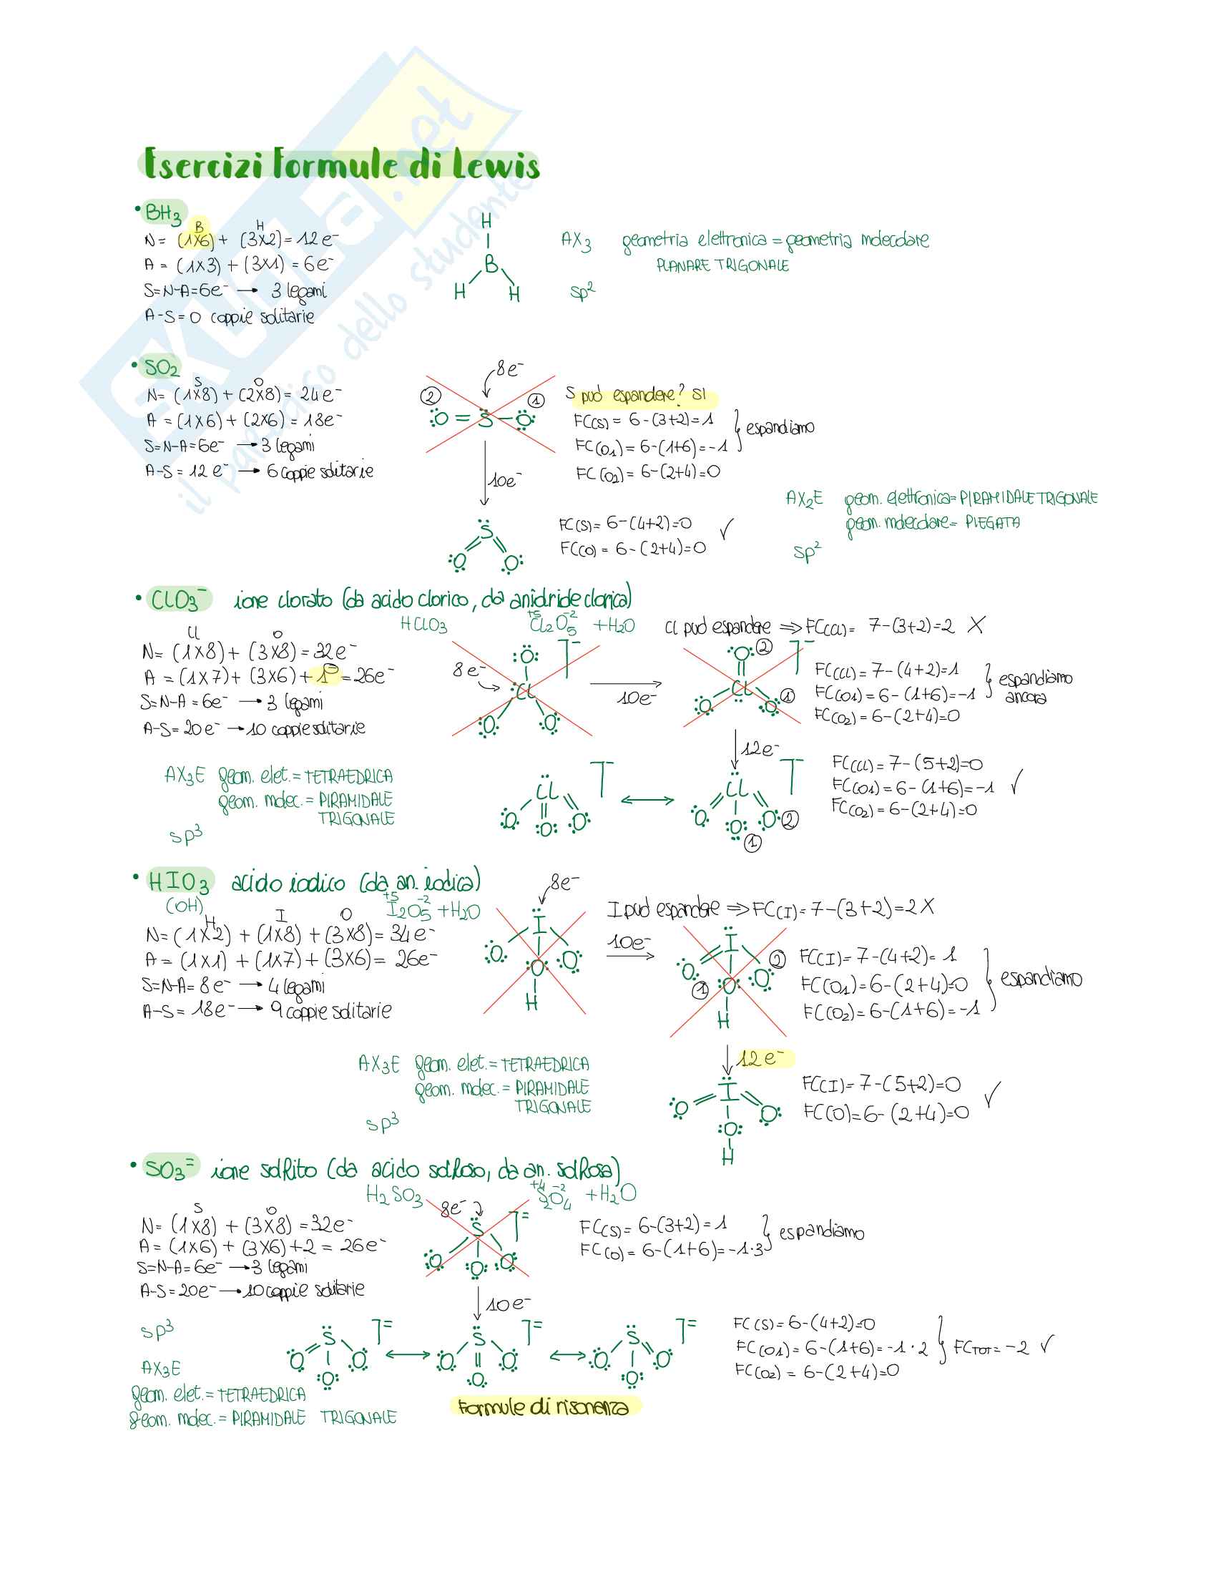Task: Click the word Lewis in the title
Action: pyautogui.click(x=496, y=165)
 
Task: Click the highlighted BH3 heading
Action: pyautogui.click(x=163, y=213)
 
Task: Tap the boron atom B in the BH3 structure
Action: pyautogui.click(x=491, y=265)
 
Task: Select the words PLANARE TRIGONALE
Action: pyautogui.click(x=722, y=266)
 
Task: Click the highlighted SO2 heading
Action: pyautogui.click(x=162, y=368)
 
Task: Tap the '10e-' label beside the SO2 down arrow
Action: pyautogui.click(x=505, y=480)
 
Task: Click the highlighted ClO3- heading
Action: pyautogui.click(x=177, y=600)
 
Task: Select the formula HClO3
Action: pyautogui.click(x=423, y=625)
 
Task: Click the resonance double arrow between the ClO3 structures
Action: pyautogui.click(x=647, y=799)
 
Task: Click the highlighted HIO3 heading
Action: pyautogui.click(x=179, y=881)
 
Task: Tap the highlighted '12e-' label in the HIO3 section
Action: pyautogui.click(x=763, y=1058)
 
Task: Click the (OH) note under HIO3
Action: pyautogui.click(x=185, y=905)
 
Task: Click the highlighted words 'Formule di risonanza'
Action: pyautogui.click(x=543, y=1407)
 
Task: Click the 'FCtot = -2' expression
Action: pyautogui.click(x=991, y=1347)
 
